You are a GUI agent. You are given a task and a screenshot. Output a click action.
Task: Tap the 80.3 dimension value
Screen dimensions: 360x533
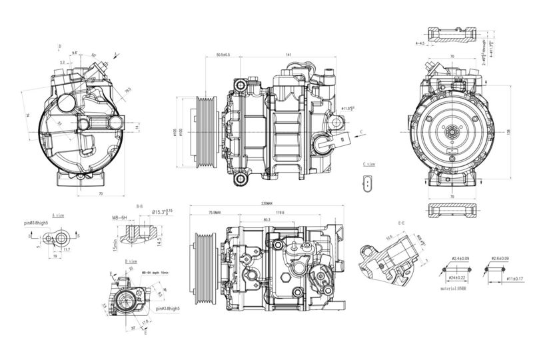[x=266, y=219]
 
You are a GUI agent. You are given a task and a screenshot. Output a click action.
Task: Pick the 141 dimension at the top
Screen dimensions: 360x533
[x=288, y=55]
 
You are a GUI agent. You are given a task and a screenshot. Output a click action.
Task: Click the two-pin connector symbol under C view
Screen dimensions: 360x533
[x=370, y=183]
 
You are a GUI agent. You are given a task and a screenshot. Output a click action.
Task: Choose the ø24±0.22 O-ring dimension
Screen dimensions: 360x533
[x=457, y=276]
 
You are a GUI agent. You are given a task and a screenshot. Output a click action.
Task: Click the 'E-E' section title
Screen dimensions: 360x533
[x=402, y=222]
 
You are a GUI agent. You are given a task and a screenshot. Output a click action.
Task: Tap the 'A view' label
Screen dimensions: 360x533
[x=58, y=215]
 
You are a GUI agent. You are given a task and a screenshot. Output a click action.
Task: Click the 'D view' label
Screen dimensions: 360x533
[x=131, y=261]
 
